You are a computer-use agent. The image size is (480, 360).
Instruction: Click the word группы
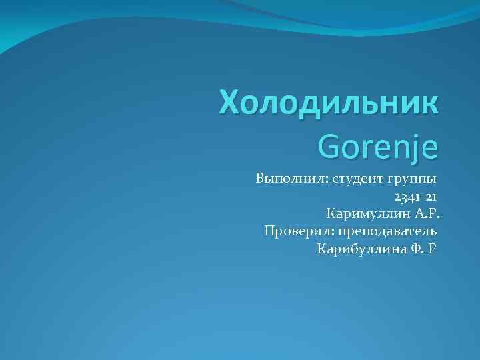click(x=411, y=179)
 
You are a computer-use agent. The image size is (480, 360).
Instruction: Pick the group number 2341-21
click(x=415, y=197)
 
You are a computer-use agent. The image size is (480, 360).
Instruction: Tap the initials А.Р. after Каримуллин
click(x=428, y=214)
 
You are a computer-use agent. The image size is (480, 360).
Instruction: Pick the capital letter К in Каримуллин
click(x=331, y=214)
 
